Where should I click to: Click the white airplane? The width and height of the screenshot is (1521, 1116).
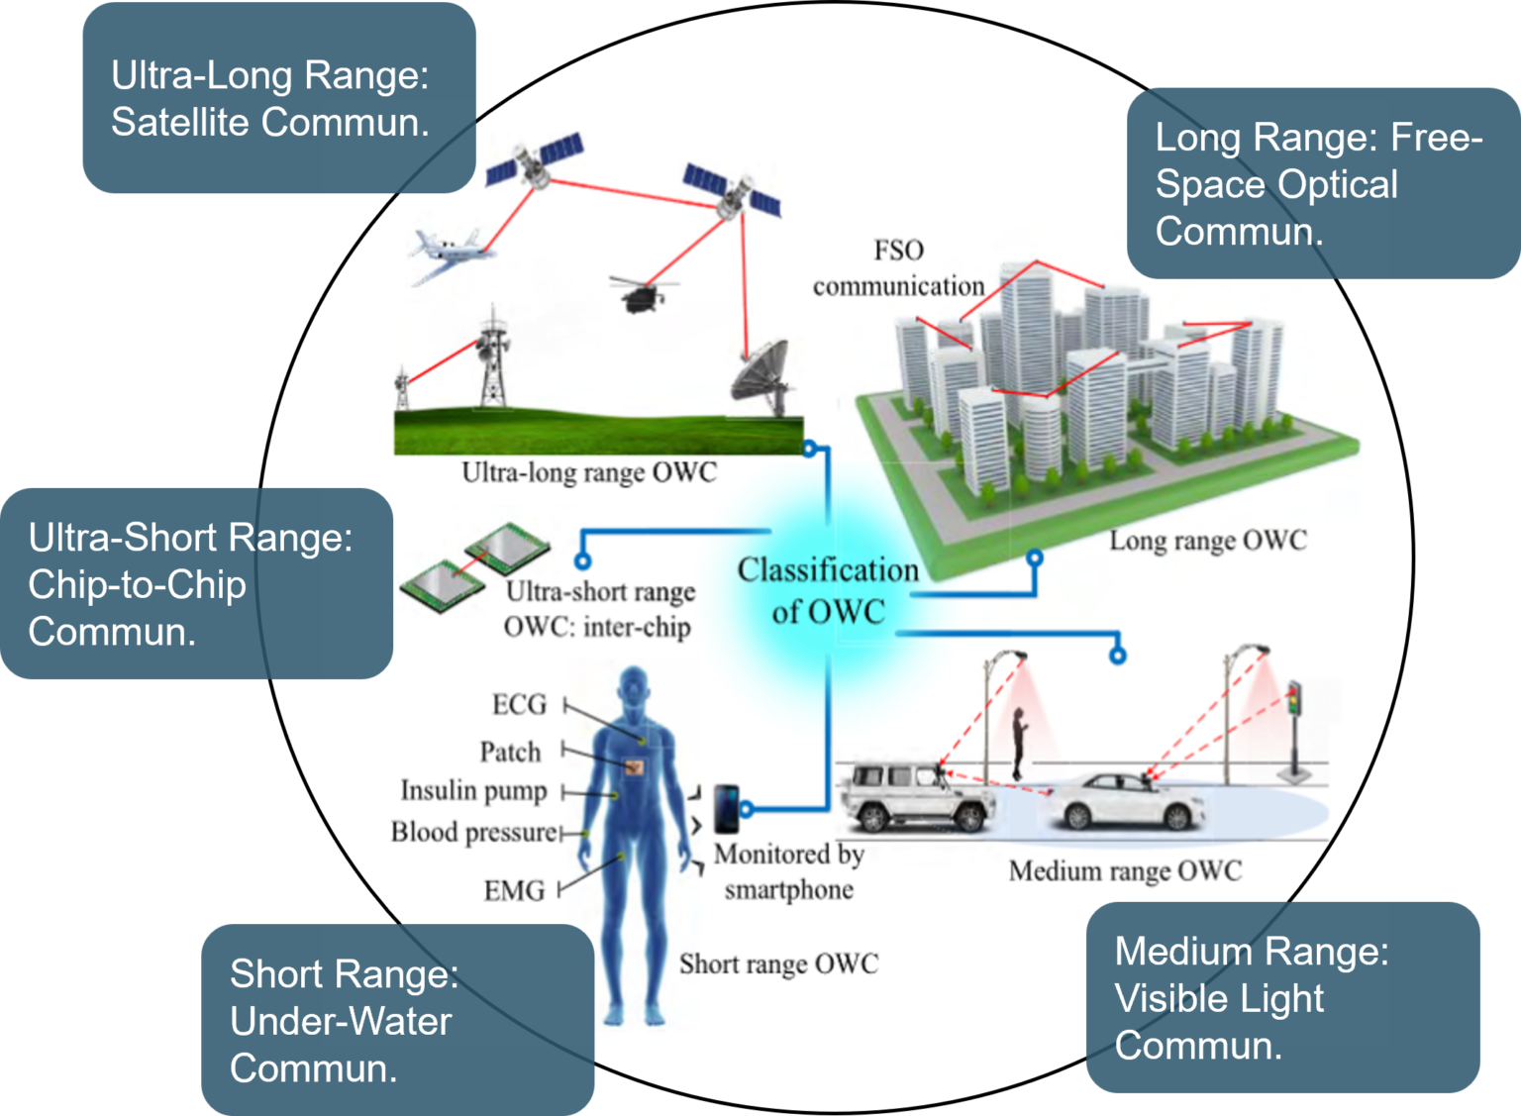(x=451, y=254)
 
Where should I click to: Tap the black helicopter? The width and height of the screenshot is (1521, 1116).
(x=641, y=293)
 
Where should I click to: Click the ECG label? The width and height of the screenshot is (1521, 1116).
(x=519, y=704)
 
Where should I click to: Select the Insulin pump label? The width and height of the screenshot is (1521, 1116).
(x=473, y=790)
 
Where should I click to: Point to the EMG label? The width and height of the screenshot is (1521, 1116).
(x=514, y=890)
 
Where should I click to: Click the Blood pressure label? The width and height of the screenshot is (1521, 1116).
(x=473, y=832)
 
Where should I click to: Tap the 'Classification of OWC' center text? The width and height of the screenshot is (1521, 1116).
(x=828, y=590)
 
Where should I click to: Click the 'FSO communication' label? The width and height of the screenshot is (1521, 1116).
(x=898, y=268)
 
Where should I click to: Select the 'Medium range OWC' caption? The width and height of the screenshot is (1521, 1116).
(x=1125, y=870)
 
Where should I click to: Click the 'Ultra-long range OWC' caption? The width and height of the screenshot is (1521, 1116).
(x=588, y=472)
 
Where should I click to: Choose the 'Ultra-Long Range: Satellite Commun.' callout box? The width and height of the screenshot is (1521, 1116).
(x=278, y=98)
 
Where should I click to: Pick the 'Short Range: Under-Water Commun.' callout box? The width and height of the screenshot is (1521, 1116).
(x=397, y=1020)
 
